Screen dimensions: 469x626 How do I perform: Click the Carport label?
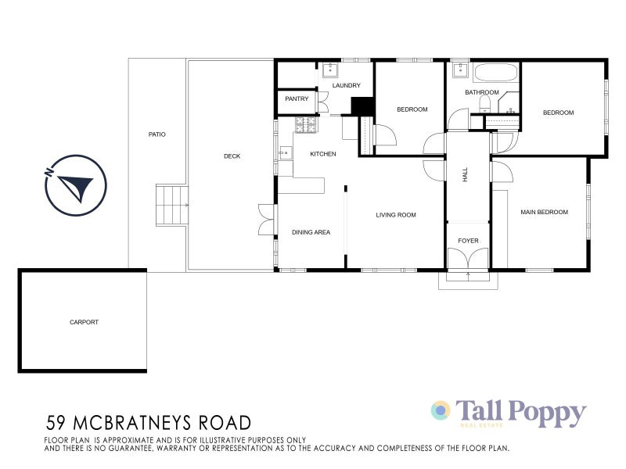click(x=84, y=322)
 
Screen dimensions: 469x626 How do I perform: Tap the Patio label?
click(x=157, y=134)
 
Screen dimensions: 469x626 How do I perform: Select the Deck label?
click(x=232, y=156)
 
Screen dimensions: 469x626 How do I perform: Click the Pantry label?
click(x=297, y=99)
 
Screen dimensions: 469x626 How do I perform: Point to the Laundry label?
click(x=346, y=85)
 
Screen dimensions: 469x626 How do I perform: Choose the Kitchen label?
click(x=322, y=154)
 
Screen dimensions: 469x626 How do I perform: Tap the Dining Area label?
click(x=311, y=232)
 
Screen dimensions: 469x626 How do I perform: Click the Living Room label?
click(x=395, y=215)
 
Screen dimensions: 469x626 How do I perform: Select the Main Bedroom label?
click(x=544, y=212)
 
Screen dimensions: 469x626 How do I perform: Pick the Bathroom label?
click(x=481, y=92)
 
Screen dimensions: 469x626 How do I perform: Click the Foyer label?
click(x=468, y=241)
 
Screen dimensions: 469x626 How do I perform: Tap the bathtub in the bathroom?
click(x=495, y=74)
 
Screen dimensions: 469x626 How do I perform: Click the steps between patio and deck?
click(x=172, y=205)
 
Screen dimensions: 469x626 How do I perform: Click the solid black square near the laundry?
click(x=362, y=106)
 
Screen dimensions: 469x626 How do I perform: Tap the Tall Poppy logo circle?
click(x=441, y=410)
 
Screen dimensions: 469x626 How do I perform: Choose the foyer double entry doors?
click(x=468, y=260)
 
